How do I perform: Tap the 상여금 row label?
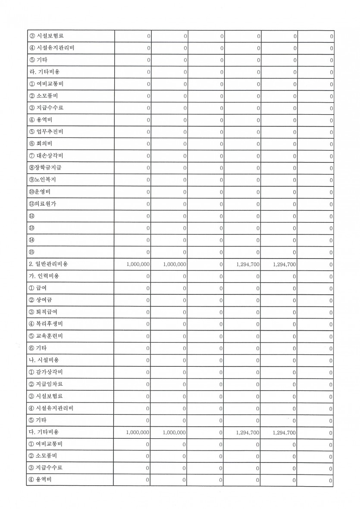(44, 300)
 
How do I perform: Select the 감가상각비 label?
(47, 372)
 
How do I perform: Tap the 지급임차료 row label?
(47, 384)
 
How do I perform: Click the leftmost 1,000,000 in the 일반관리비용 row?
(138, 264)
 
